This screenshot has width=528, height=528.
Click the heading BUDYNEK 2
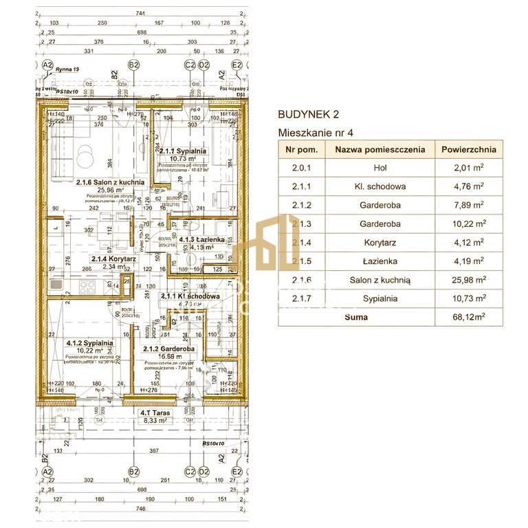pyautogui.click(x=308, y=115)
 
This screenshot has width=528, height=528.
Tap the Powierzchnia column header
pyautogui.click(x=469, y=149)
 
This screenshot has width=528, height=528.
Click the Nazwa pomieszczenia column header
pyautogui.click(x=379, y=149)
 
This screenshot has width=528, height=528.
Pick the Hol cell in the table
pyautogui.click(x=379, y=167)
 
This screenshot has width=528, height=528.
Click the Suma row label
pyautogui.click(x=357, y=317)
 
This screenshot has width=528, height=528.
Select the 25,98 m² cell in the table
pyautogui.click(x=469, y=280)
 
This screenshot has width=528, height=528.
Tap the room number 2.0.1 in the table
pyautogui.click(x=301, y=167)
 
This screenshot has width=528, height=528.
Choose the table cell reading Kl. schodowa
pyautogui.click(x=379, y=186)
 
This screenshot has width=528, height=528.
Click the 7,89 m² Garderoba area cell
pyautogui.click(x=469, y=204)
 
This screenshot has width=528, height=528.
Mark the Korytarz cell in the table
pyautogui.click(x=379, y=242)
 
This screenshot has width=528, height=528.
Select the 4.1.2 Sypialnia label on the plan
pyautogui.click(x=90, y=342)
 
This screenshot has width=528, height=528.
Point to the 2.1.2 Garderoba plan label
pyautogui.click(x=168, y=349)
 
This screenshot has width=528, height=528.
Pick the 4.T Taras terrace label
pyautogui.click(x=155, y=413)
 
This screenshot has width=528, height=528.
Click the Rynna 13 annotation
pyautogui.click(x=67, y=69)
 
